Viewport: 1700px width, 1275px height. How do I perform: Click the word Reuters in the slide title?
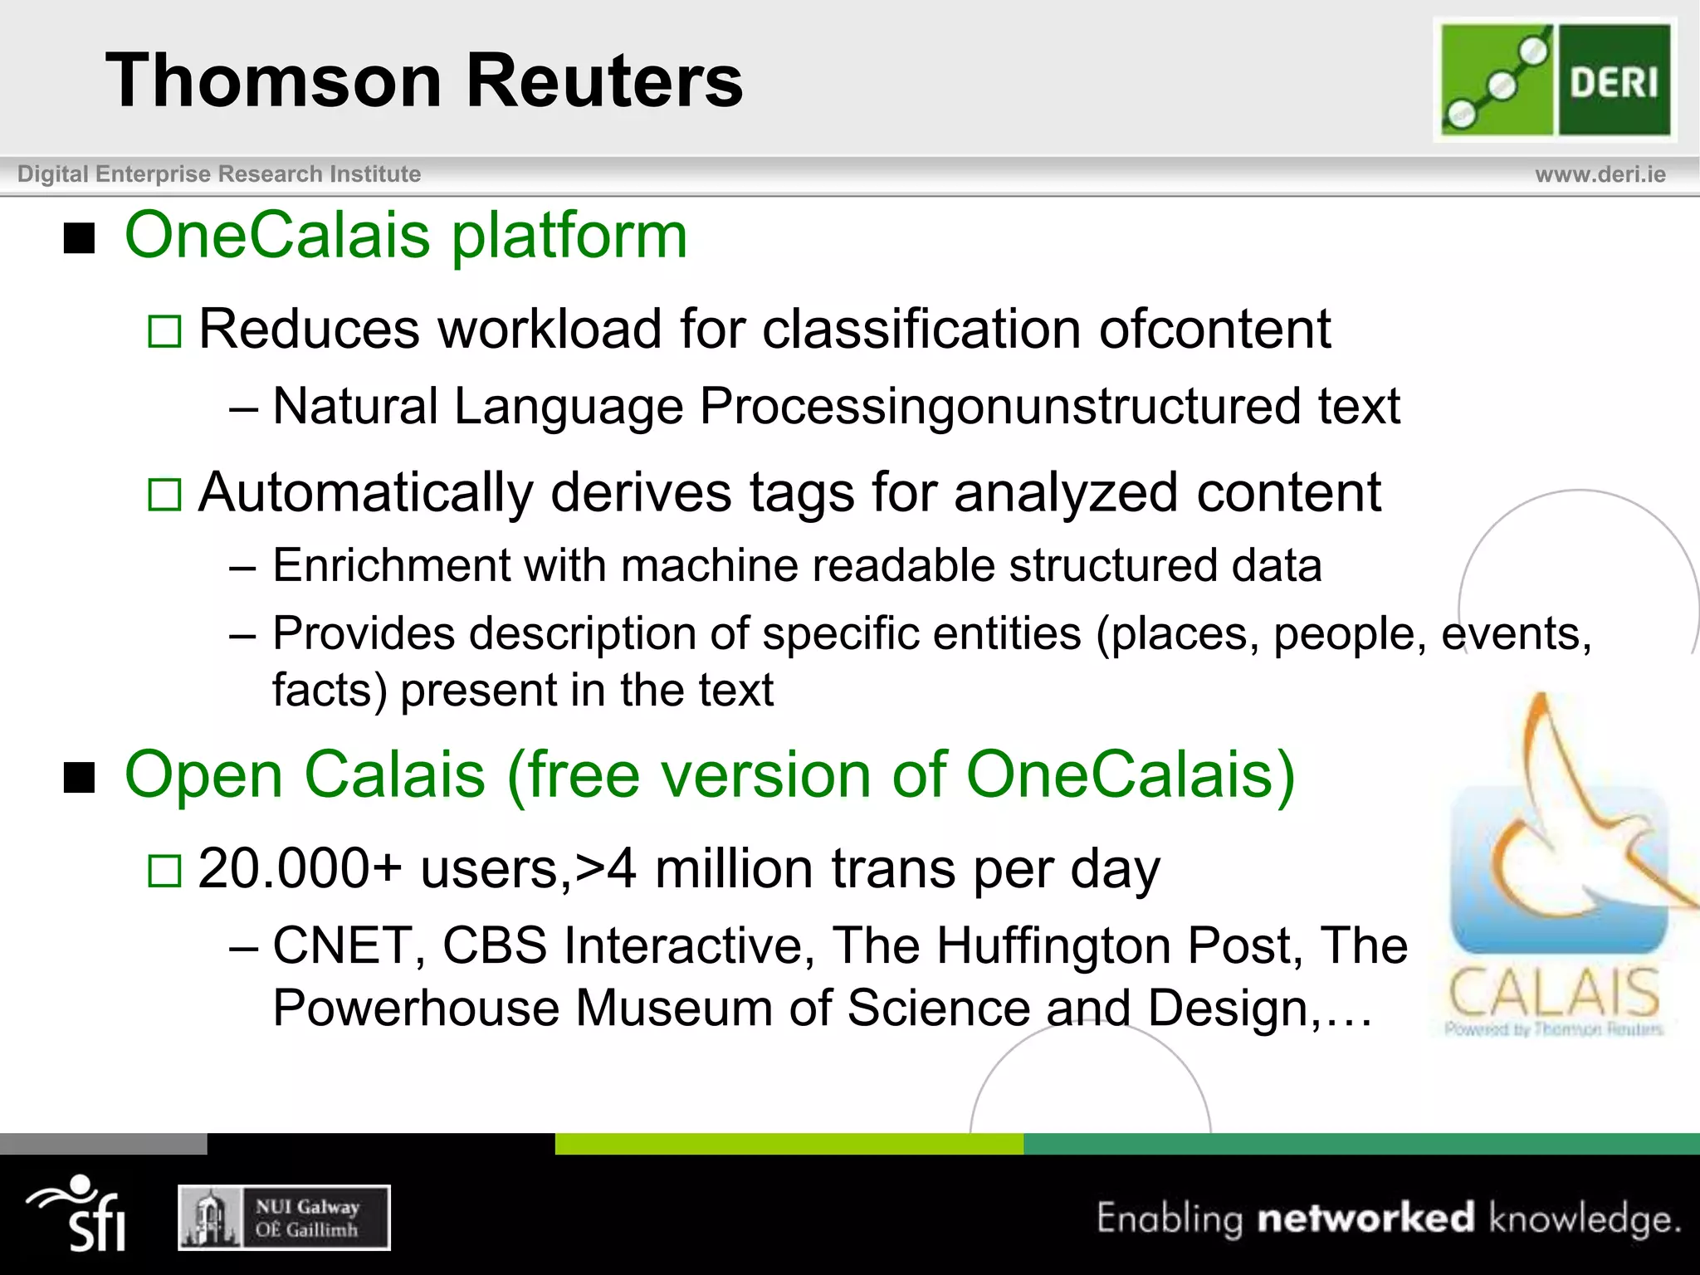[x=604, y=81]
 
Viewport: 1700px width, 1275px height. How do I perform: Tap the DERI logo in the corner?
[x=1555, y=80]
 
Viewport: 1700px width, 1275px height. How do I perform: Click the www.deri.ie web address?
[x=1600, y=174]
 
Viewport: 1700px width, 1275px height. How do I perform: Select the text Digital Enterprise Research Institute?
[x=219, y=174]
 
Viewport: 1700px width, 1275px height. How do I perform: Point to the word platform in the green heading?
[x=569, y=237]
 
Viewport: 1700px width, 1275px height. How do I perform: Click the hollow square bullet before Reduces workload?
[x=164, y=331]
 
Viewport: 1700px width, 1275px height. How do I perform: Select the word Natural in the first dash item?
[x=355, y=407]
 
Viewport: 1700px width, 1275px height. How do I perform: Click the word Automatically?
[x=365, y=493]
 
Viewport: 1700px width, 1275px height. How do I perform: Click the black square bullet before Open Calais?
[x=80, y=778]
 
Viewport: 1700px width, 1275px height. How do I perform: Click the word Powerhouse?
[x=415, y=1009]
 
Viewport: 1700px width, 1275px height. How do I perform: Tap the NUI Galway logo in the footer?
[x=284, y=1218]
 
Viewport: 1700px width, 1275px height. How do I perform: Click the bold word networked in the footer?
[x=1365, y=1218]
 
